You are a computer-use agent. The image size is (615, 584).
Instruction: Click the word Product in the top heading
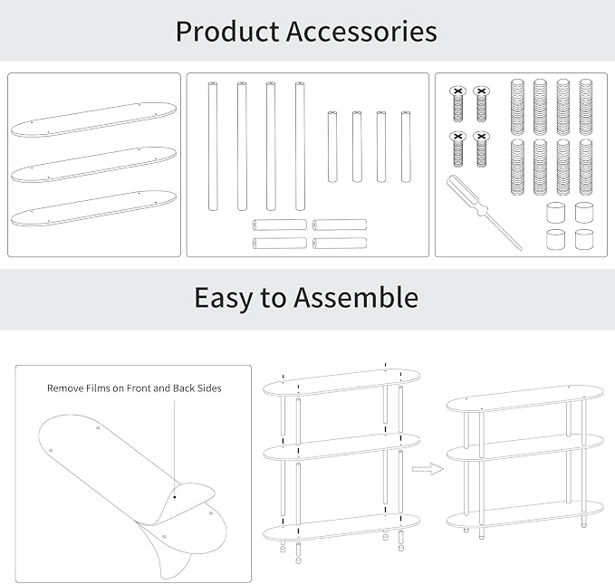pos(227,33)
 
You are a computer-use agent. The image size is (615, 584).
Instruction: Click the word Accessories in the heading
pos(361,32)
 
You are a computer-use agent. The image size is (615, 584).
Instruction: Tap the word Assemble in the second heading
pos(356,297)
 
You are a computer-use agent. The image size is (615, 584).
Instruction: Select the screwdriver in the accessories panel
pos(485,212)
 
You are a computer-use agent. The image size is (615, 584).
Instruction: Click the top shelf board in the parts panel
pos(93,120)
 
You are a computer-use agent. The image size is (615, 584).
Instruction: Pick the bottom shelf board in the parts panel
pos(93,208)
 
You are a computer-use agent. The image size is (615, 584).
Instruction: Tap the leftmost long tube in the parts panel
pos(213,147)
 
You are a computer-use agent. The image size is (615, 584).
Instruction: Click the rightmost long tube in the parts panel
pos(300,147)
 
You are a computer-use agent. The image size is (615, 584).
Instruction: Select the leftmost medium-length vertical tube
pos(332,147)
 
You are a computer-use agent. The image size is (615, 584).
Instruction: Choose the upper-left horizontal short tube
pos(280,225)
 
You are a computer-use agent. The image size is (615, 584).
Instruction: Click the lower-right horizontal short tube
pos(340,244)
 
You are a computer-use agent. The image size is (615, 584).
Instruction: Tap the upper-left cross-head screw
pos(457,104)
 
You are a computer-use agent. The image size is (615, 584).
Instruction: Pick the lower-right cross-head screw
pos(481,149)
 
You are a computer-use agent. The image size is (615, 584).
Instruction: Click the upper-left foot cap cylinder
pos(556,213)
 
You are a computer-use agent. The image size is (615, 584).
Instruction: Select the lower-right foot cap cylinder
pos(584,239)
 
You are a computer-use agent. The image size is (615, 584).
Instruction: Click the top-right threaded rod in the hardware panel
pos(586,107)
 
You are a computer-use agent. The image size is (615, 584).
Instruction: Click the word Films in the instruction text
pos(99,388)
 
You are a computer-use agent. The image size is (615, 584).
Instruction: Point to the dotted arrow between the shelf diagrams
pos(428,469)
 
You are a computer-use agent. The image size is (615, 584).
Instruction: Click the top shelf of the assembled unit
pos(525,399)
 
